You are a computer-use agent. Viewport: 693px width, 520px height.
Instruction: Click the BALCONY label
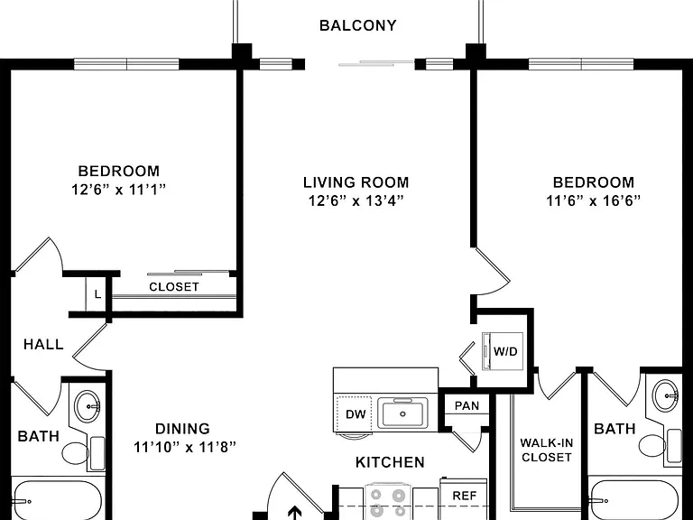pos(357,25)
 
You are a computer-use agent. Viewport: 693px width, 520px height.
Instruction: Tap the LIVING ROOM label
pos(356,182)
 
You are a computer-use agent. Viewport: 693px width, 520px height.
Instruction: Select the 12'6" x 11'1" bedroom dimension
pos(118,190)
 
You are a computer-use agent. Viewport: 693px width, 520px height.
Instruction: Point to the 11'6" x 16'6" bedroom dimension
pos(593,201)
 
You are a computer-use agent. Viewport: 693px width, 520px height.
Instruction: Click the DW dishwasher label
pos(356,414)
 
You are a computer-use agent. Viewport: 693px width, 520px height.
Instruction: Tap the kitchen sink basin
pos(402,413)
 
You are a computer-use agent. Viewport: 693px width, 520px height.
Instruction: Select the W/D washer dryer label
pos(505,351)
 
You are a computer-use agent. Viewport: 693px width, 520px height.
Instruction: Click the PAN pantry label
pos(467,405)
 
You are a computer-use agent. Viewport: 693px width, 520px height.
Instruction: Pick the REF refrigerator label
pos(464,496)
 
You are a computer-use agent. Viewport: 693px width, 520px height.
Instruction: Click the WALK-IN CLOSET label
pos(547,450)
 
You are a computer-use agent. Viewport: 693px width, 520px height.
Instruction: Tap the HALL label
pos(43,344)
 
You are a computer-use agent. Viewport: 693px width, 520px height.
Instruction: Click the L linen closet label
pos(97,294)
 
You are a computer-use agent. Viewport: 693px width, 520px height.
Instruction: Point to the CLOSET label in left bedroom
pos(174,287)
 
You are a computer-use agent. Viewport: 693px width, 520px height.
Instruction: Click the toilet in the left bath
pos(83,453)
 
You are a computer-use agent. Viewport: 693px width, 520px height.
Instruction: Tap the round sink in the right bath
pos(667,395)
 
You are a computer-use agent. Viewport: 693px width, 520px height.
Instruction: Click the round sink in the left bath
pos(88,406)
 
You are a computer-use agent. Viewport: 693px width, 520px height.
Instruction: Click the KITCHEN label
pos(390,462)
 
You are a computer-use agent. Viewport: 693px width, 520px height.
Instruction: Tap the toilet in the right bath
pos(660,446)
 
